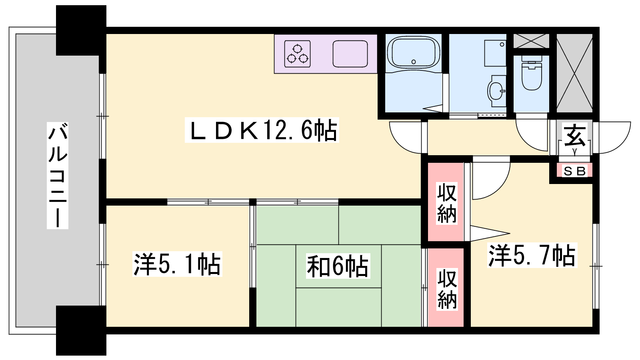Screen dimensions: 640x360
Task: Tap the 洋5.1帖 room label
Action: [177, 264]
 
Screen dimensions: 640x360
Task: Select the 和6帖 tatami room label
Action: [338, 266]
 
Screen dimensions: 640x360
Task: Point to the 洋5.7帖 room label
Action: [532, 255]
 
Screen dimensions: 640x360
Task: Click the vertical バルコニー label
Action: [58, 176]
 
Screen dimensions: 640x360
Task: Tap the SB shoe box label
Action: [574, 171]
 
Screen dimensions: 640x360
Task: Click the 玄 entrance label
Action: [574, 135]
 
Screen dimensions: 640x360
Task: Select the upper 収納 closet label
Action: [446, 203]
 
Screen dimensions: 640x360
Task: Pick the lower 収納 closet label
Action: [447, 290]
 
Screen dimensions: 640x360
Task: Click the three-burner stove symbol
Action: [298, 54]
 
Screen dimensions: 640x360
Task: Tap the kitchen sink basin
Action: [350, 54]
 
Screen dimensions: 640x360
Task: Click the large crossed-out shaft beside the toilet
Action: [574, 73]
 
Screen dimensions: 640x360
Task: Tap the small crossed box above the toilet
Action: [531, 41]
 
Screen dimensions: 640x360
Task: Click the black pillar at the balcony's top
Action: [81, 30]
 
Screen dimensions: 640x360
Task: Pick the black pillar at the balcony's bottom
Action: [81, 330]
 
